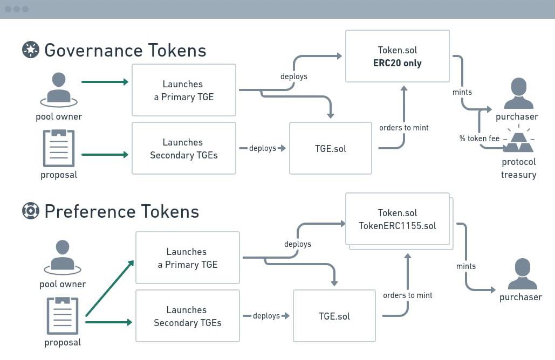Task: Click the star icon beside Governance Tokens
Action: click(31, 50)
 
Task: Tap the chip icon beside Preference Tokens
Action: click(31, 211)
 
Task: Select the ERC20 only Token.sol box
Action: click(397, 57)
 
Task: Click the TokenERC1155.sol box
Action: click(397, 219)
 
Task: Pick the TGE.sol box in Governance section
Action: click(330, 148)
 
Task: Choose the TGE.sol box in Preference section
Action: click(334, 316)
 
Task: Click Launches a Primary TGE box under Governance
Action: click(183, 90)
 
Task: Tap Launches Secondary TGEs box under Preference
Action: click(187, 316)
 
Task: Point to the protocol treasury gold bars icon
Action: click(518, 142)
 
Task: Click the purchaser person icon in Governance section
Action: click(518, 94)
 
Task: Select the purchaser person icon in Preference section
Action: click(522, 274)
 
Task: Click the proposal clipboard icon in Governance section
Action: click(59, 148)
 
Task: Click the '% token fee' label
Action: click(479, 139)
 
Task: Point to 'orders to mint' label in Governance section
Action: click(403, 128)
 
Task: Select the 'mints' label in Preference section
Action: click(466, 266)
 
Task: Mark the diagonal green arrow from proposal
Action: click(109, 288)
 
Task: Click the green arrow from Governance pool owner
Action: click(105, 82)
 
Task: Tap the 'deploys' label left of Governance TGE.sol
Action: click(263, 148)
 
